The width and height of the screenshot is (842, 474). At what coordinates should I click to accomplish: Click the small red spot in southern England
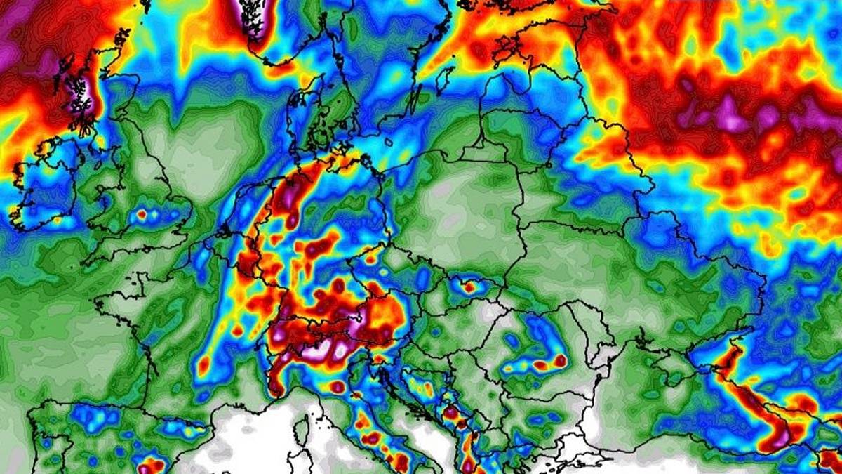click(x=142, y=213)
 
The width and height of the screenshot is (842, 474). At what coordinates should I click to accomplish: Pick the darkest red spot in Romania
click(x=560, y=360)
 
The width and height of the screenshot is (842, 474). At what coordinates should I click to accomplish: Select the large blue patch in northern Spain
click(x=95, y=418)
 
